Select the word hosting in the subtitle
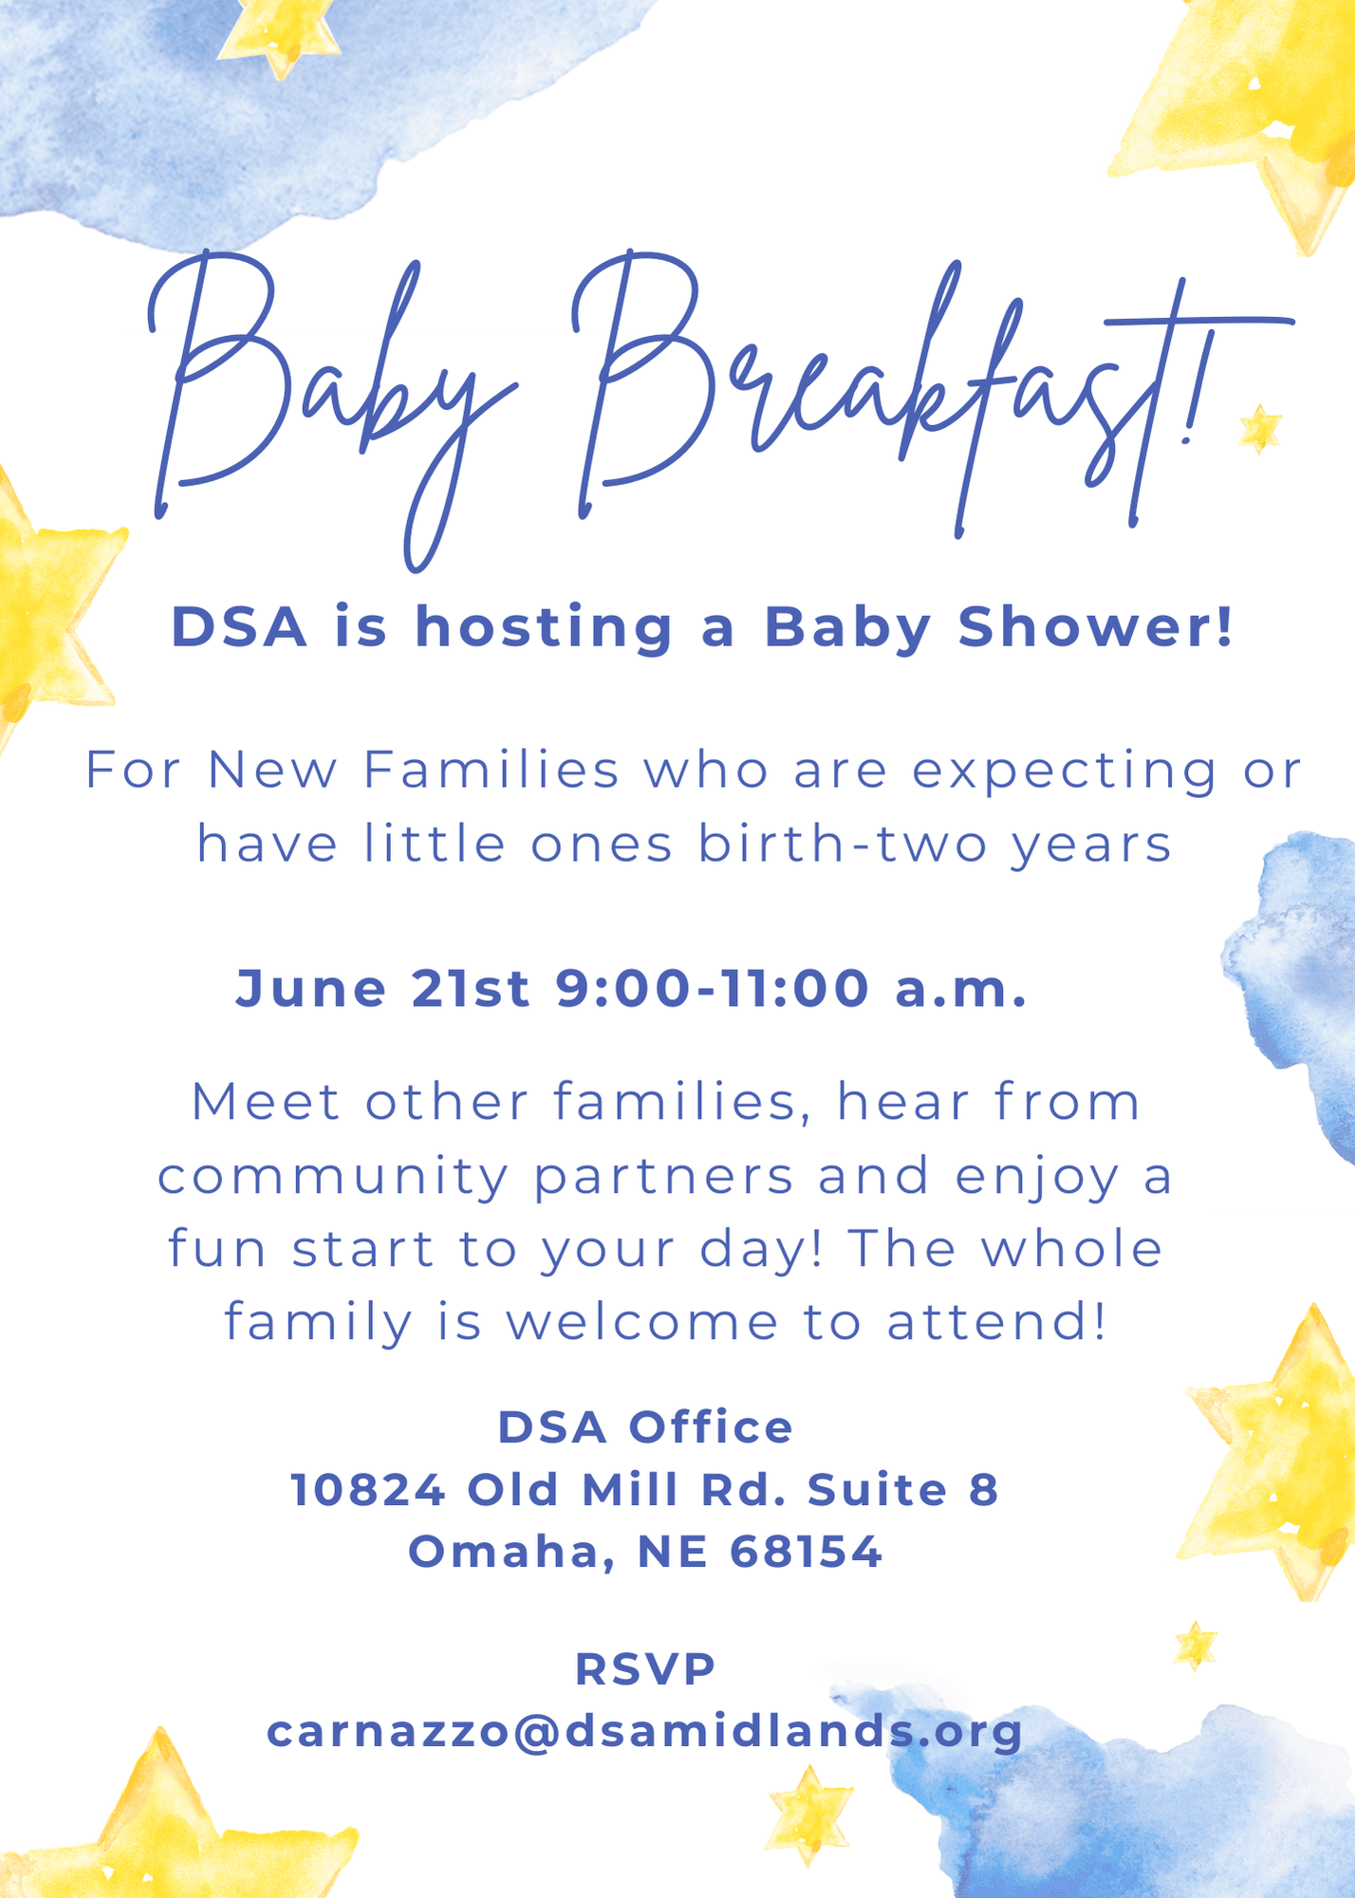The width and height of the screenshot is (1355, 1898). pos(544,629)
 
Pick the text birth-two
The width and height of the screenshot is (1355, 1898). pos(844,844)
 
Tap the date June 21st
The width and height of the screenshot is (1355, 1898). pos(382,988)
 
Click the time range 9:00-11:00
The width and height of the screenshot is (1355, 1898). pos(713,988)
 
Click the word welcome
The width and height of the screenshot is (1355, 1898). pos(642,1322)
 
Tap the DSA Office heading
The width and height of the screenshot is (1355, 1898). pos(645,1427)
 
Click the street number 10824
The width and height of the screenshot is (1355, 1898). pos(368,1490)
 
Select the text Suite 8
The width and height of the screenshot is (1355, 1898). pos(903,1490)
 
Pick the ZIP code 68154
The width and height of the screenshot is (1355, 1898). pos(807,1553)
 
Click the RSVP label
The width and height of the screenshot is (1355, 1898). pos(645,1669)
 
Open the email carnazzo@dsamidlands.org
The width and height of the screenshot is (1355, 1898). pos(645,1732)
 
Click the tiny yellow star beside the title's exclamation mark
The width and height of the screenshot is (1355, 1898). pos(1260,428)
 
